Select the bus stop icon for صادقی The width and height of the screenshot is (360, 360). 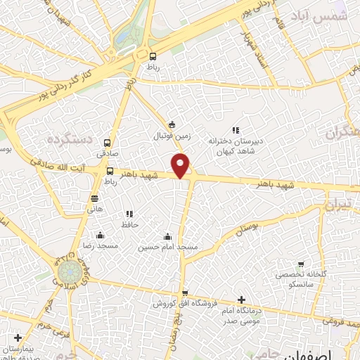pyautogui.click(x=108, y=141)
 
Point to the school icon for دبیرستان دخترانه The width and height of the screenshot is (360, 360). pyautogui.click(x=236, y=130)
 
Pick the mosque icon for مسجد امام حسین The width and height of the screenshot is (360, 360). pyautogui.click(x=167, y=236)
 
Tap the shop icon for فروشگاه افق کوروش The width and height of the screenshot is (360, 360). pyautogui.click(x=185, y=292)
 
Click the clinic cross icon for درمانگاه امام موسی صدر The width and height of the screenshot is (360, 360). pyautogui.click(x=243, y=299)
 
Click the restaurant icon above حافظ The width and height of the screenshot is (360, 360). pyautogui.click(x=129, y=214)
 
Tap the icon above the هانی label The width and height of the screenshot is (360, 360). pyautogui.click(x=95, y=198)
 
